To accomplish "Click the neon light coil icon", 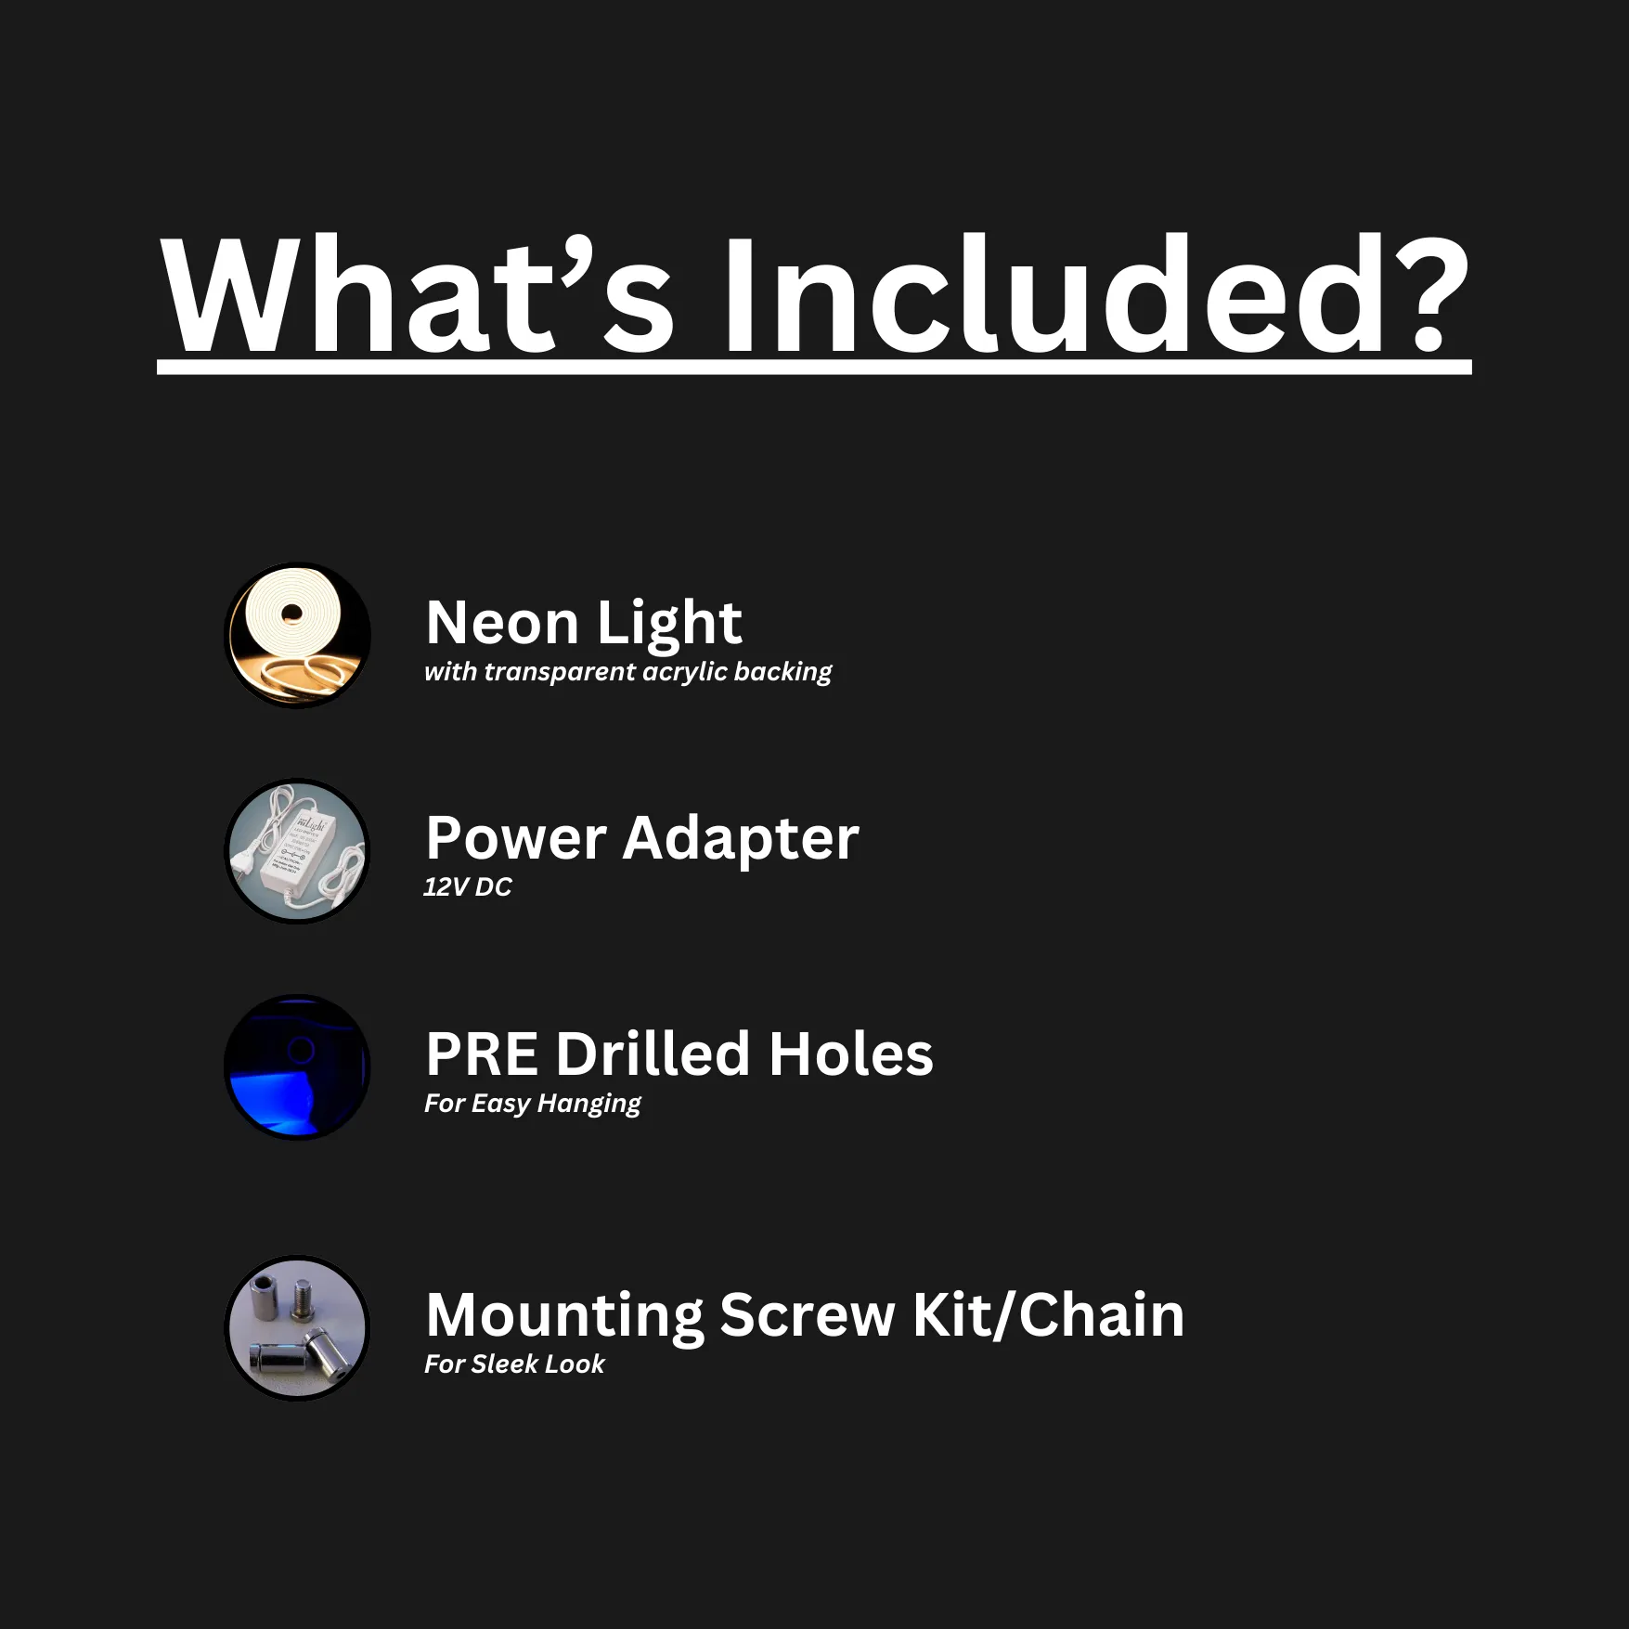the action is [x=297, y=635].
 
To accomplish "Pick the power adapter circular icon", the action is [x=297, y=851].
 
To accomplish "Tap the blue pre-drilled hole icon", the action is [x=297, y=1067].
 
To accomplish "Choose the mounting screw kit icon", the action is [x=297, y=1328].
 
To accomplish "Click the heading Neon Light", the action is [x=584, y=624].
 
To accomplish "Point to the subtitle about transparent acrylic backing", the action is [x=627, y=672].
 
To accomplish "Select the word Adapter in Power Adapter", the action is [x=741, y=840].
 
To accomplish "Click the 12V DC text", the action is [x=468, y=887].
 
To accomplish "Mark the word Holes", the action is [x=851, y=1054].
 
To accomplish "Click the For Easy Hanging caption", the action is [x=533, y=1105].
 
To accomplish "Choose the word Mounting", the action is [x=564, y=1317].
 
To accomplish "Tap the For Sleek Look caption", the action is [x=514, y=1364].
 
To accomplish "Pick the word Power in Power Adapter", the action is [x=516, y=839].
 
